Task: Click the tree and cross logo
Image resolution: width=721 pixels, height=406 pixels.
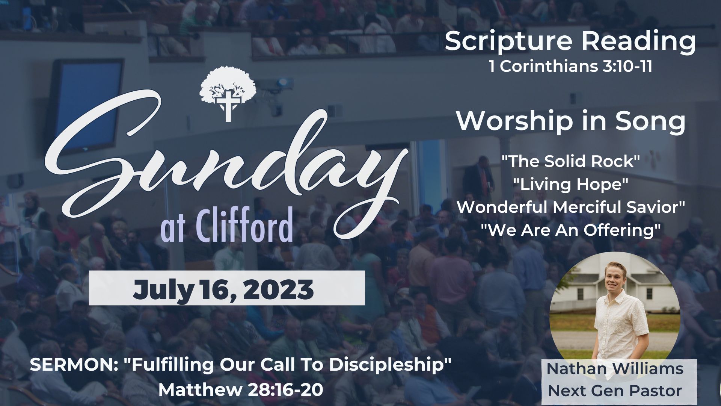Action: pyautogui.click(x=228, y=94)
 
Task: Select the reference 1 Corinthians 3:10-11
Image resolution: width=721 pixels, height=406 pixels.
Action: pyautogui.click(x=570, y=67)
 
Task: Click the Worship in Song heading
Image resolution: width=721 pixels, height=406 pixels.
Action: pyautogui.click(x=571, y=121)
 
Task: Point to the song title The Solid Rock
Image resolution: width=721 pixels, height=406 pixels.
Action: pyautogui.click(x=570, y=161)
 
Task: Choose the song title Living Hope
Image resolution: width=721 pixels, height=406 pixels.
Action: pyautogui.click(x=570, y=184)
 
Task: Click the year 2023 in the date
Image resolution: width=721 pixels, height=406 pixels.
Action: pyautogui.click(x=278, y=289)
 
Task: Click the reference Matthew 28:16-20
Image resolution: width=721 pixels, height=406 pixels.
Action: pyautogui.click(x=241, y=390)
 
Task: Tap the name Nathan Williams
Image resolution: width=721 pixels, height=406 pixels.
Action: pyautogui.click(x=615, y=369)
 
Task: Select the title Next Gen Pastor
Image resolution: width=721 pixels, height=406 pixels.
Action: pyautogui.click(x=615, y=391)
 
